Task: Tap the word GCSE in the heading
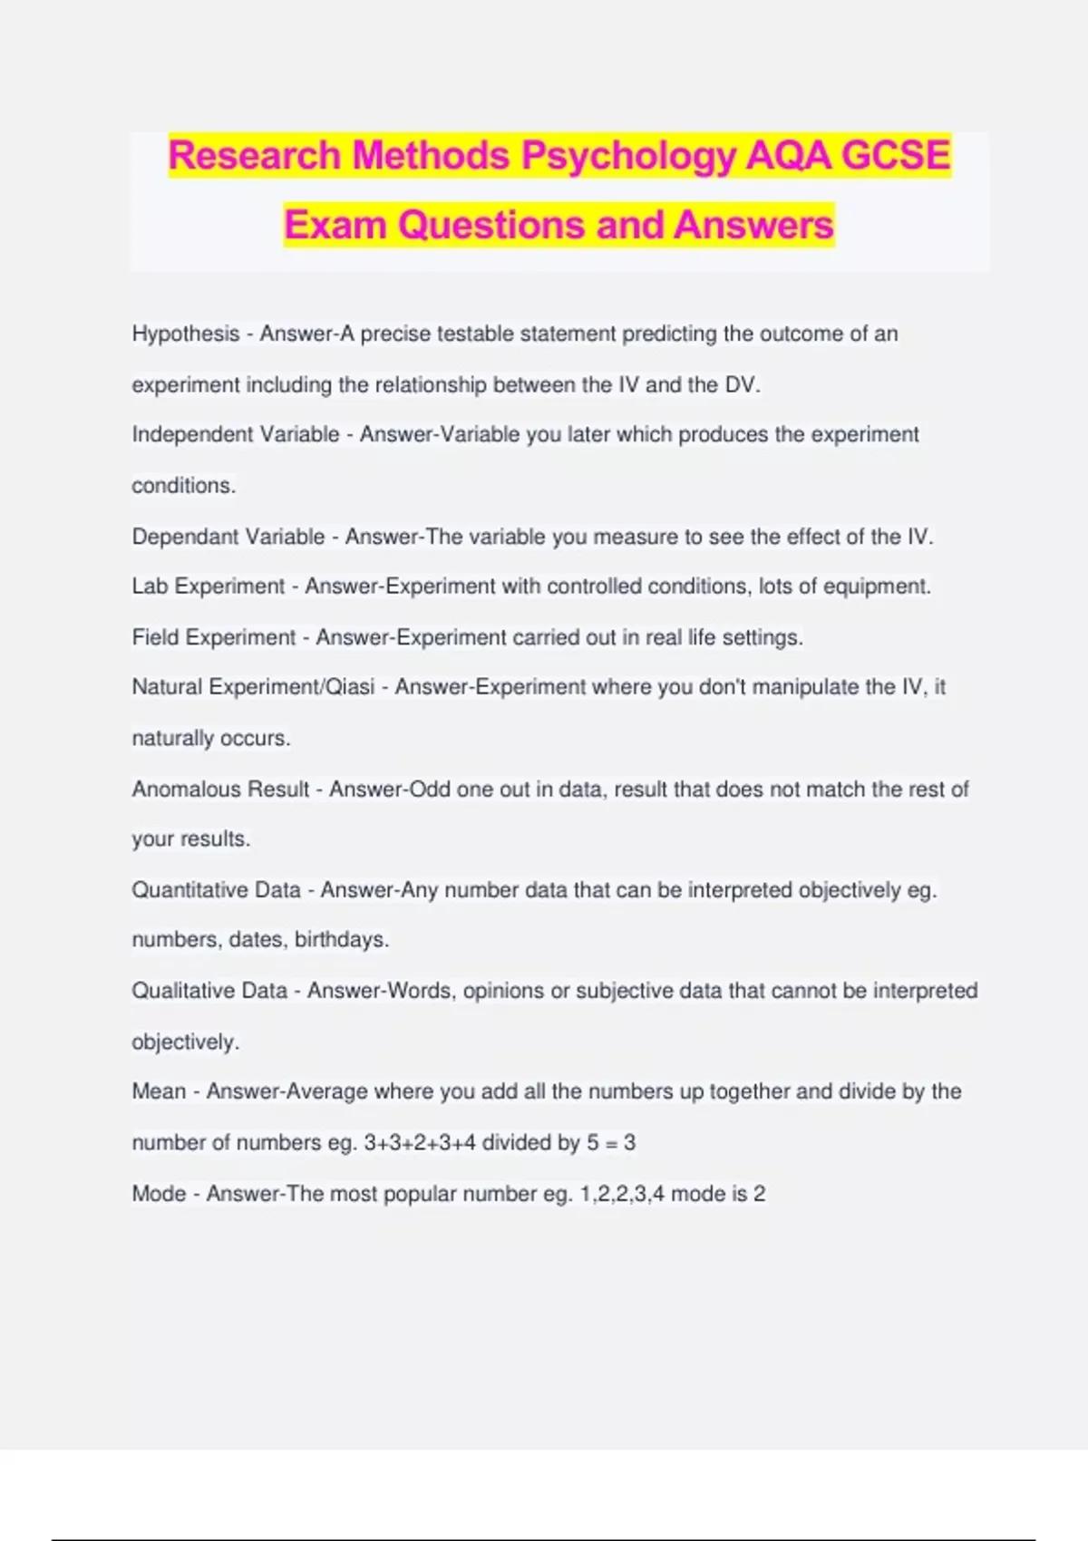point(896,156)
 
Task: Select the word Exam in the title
point(335,225)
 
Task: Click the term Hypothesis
point(186,334)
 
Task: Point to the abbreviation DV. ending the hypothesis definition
point(742,385)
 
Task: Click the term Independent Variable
point(236,435)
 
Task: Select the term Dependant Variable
point(228,537)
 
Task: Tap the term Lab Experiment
point(209,586)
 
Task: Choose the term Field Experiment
point(214,637)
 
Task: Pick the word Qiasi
point(350,687)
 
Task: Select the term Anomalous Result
point(221,790)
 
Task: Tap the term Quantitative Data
point(216,890)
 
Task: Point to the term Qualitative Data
point(209,991)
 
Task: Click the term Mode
point(159,1194)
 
